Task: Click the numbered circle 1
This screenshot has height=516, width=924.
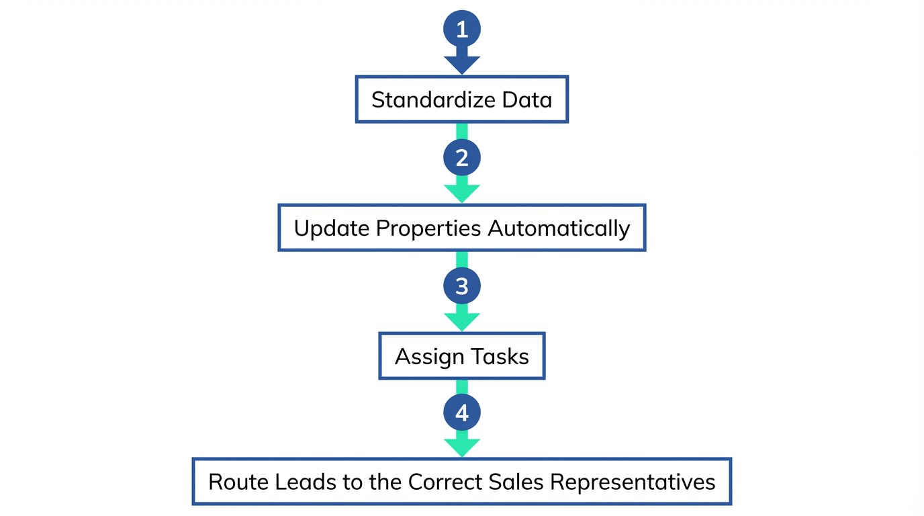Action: pos(462,29)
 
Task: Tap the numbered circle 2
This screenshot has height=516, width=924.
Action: pos(462,158)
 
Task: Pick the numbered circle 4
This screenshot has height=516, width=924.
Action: pos(462,413)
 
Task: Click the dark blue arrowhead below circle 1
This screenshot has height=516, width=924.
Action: pos(462,64)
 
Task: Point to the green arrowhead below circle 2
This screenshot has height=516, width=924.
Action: pos(462,192)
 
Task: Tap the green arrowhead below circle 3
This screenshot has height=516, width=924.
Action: pos(462,320)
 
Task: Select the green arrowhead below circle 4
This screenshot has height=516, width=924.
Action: pos(462,447)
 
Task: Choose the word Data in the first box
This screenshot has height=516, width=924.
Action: pos(526,100)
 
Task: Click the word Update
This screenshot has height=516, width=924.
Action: pos(332,228)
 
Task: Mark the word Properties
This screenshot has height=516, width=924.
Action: pos(428,228)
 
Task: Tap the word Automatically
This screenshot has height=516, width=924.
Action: pos(559,228)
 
